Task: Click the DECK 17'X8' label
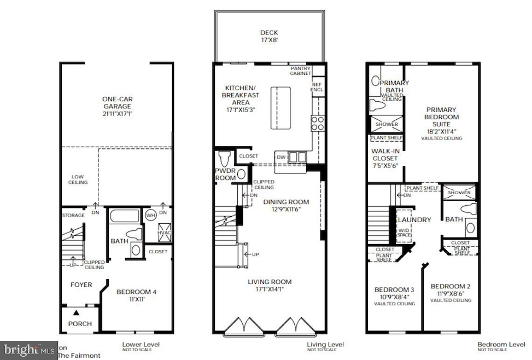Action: (x=268, y=37)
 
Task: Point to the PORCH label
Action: (x=80, y=323)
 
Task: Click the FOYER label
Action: (x=80, y=284)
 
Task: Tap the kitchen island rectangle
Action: (x=283, y=108)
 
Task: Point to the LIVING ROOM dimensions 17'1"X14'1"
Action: (x=266, y=289)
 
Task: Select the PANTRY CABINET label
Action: (x=300, y=70)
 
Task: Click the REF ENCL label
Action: (x=317, y=87)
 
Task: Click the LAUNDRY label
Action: (x=414, y=220)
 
